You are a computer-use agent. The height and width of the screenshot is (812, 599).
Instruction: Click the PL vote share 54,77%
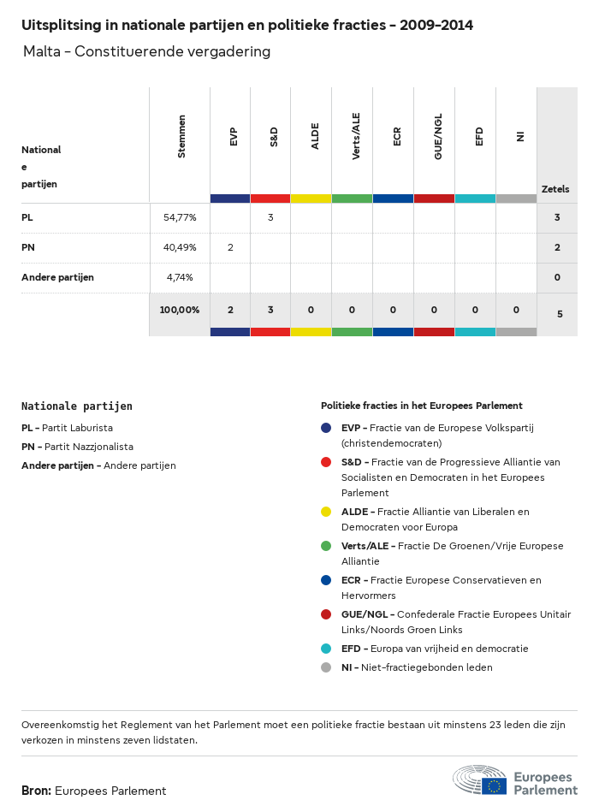coord(180,217)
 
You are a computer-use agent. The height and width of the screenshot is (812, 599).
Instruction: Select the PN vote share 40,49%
coord(180,247)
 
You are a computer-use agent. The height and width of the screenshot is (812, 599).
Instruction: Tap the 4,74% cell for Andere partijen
coord(180,277)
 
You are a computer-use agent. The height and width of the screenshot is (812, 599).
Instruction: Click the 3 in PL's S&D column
coord(270,217)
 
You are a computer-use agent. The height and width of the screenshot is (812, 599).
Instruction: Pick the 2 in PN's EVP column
coord(230,247)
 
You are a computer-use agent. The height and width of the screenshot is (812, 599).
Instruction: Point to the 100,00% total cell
coord(180,310)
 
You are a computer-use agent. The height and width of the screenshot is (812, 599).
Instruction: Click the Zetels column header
coord(555,189)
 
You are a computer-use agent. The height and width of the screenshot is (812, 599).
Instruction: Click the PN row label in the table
coord(28,247)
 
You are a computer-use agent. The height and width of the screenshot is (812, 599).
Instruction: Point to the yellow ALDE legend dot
coord(326,512)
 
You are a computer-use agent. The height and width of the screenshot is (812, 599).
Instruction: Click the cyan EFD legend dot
coord(326,649)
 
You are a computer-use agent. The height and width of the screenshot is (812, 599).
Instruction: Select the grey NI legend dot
coord(326,667)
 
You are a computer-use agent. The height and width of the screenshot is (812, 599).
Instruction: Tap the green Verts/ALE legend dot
coord(326,546)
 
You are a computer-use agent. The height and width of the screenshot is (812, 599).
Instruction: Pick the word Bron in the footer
coord(36,791)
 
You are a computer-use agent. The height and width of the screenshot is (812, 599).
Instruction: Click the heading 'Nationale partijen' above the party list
coord(77,406)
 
